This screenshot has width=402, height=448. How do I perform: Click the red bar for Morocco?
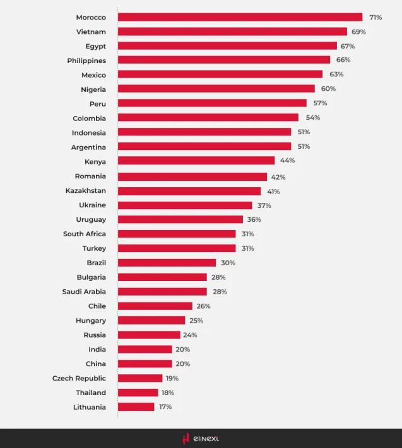[x=240, y=17]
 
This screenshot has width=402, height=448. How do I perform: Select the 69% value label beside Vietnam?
[x=358, y=32]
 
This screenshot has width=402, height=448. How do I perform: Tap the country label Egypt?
[x=95, y=46]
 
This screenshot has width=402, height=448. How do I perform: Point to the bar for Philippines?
[x=223, y=60]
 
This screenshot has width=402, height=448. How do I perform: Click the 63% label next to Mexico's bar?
[x=336, y=74]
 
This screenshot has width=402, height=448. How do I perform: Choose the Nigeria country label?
[x=93, y=89]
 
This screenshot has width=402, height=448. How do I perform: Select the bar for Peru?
[x=212, y=103]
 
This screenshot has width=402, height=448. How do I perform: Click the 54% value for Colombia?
[x=312, y=118]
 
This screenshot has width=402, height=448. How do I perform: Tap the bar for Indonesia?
[x=204, y=132]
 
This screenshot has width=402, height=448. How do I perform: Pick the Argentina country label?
[x=88, y=147]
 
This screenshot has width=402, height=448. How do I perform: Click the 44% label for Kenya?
[x=287, y=161]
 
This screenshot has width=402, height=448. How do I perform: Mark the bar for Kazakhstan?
[x=189, y=191]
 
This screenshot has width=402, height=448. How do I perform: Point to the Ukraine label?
[x=92, y=205]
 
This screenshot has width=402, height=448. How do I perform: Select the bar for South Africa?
[x=177, y=234]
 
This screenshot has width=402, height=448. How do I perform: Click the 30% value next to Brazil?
[x=228, y=263]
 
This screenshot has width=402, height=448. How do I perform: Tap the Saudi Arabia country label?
[x=84, y=292]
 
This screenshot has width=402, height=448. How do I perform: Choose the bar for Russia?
[x=149, y=335]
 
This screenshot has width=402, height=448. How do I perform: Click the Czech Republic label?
[x=79, y=378]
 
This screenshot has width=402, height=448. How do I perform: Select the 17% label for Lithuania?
[x=165, y=407]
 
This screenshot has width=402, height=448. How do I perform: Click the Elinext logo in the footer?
[x=201, y=439]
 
